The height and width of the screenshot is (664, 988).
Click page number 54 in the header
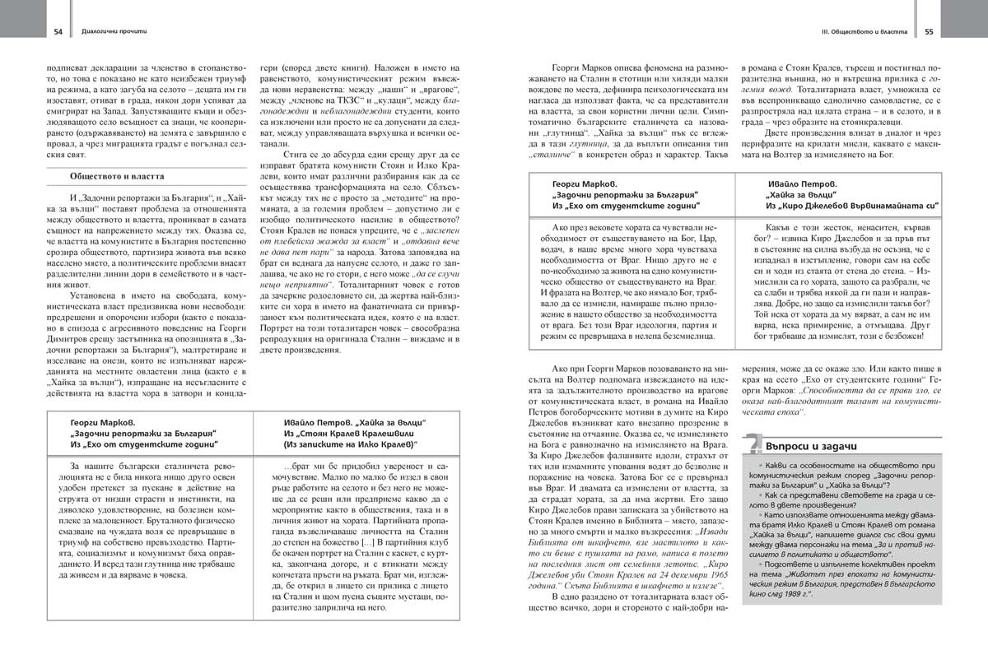[58, 32]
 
